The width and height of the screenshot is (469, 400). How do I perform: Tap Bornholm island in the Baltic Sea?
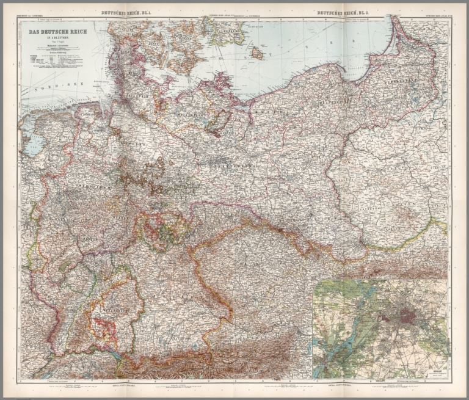(257, 53)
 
